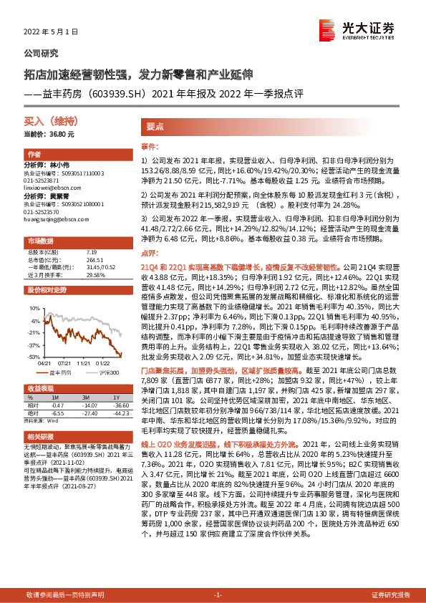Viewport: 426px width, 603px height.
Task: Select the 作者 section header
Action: tap(34, 155)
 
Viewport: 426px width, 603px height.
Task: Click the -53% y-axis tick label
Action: tap(33, 356)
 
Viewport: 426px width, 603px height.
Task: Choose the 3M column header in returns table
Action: tap(85, 396)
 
